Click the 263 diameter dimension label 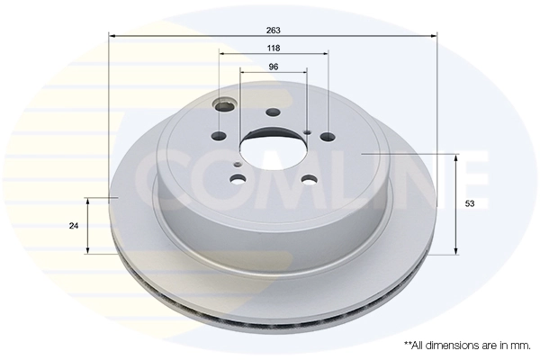pos(274,29)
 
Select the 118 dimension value pos(274,48)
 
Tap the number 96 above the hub pos(274,67)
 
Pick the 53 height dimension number pos(469,204)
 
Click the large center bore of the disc pos(272,147)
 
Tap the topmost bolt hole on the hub pos(273,111)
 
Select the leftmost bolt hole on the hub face pos(216,137)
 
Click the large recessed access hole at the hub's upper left pos(224,107)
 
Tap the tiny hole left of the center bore pos(236,165)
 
